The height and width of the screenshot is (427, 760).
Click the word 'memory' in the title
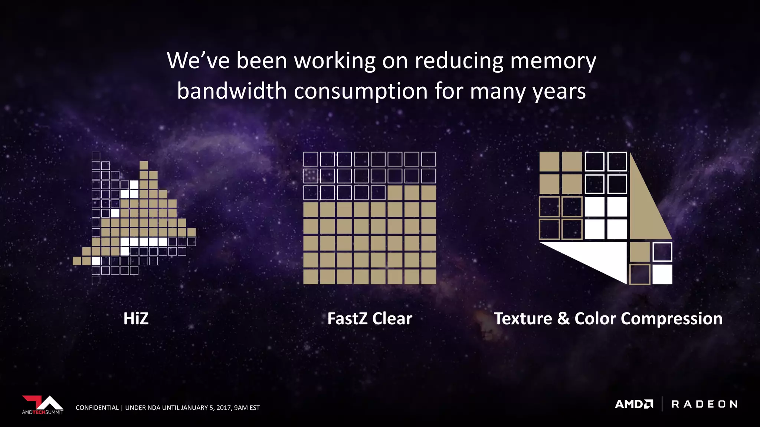coord(553,62)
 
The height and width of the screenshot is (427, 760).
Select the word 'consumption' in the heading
coord(361,91)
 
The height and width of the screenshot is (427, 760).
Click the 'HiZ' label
coord(136,319)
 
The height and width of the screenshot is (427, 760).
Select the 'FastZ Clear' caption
coord(370,319)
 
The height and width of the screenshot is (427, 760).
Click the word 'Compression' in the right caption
coord(671,319)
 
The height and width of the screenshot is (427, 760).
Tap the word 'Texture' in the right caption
coord(523,319)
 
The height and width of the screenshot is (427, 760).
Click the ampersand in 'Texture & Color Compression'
coord(563,319)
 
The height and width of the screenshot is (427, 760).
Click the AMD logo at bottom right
coord(634,404)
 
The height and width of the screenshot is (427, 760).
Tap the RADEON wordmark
coord(704,404)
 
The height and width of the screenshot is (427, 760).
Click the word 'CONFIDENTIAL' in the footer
coord(97,408)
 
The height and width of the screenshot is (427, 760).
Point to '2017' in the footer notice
coord(224,408)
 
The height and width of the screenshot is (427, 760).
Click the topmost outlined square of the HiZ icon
coord(96,156)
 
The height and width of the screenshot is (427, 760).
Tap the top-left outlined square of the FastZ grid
coord(311,159)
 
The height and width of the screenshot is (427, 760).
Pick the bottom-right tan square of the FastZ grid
coord(429,277)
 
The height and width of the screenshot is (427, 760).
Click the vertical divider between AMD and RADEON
coord(662,404)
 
